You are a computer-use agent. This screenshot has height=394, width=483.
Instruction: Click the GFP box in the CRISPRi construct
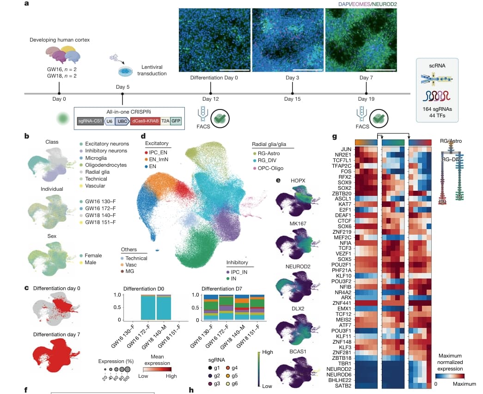click(176, 121)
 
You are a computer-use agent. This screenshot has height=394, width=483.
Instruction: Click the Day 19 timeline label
click(366, 99)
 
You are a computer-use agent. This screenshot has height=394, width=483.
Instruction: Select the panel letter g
click(334, 136)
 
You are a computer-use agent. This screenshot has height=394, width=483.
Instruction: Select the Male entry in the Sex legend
click(91, 263)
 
